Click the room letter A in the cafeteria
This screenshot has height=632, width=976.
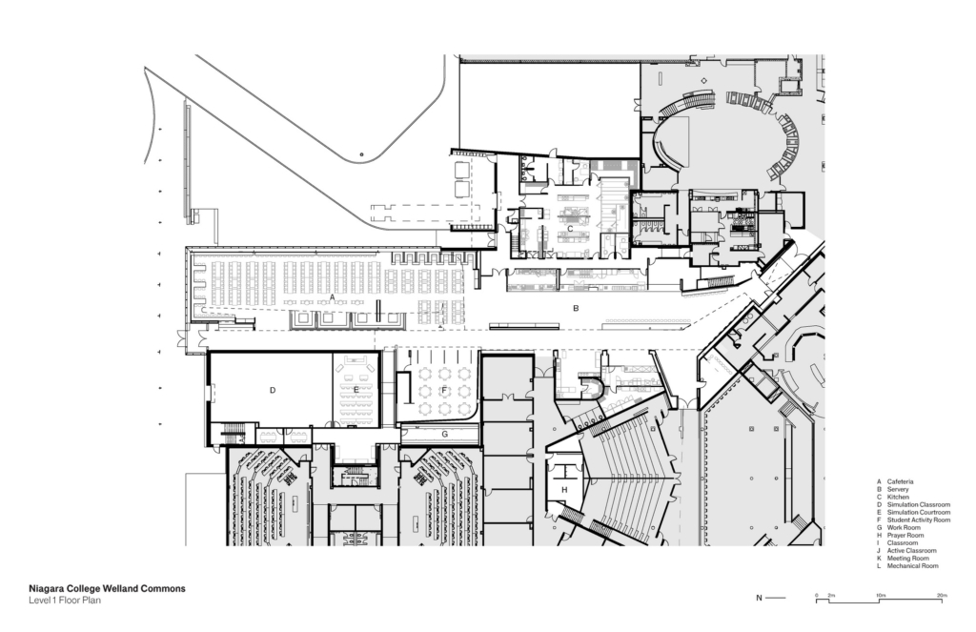click(x=332, y=298)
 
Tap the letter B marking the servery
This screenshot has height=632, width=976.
click(x=575, y=309)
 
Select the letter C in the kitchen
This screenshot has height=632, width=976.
click(x=570, y=229)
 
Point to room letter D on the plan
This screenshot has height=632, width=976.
click(x=273, y=390)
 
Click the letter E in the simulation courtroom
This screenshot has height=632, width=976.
click(x=356, y=390)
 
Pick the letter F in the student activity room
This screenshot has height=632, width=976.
click(x=444, y=390)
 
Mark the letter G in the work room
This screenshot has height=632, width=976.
click(x=444, y=433)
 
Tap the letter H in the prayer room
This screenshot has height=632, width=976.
click(x=564, y=490)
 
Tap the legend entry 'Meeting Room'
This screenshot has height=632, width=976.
click(x=907, y=559)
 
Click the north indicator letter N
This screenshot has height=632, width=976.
click(x=759, y=599)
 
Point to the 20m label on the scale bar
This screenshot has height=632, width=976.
click(x=942, y=595)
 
